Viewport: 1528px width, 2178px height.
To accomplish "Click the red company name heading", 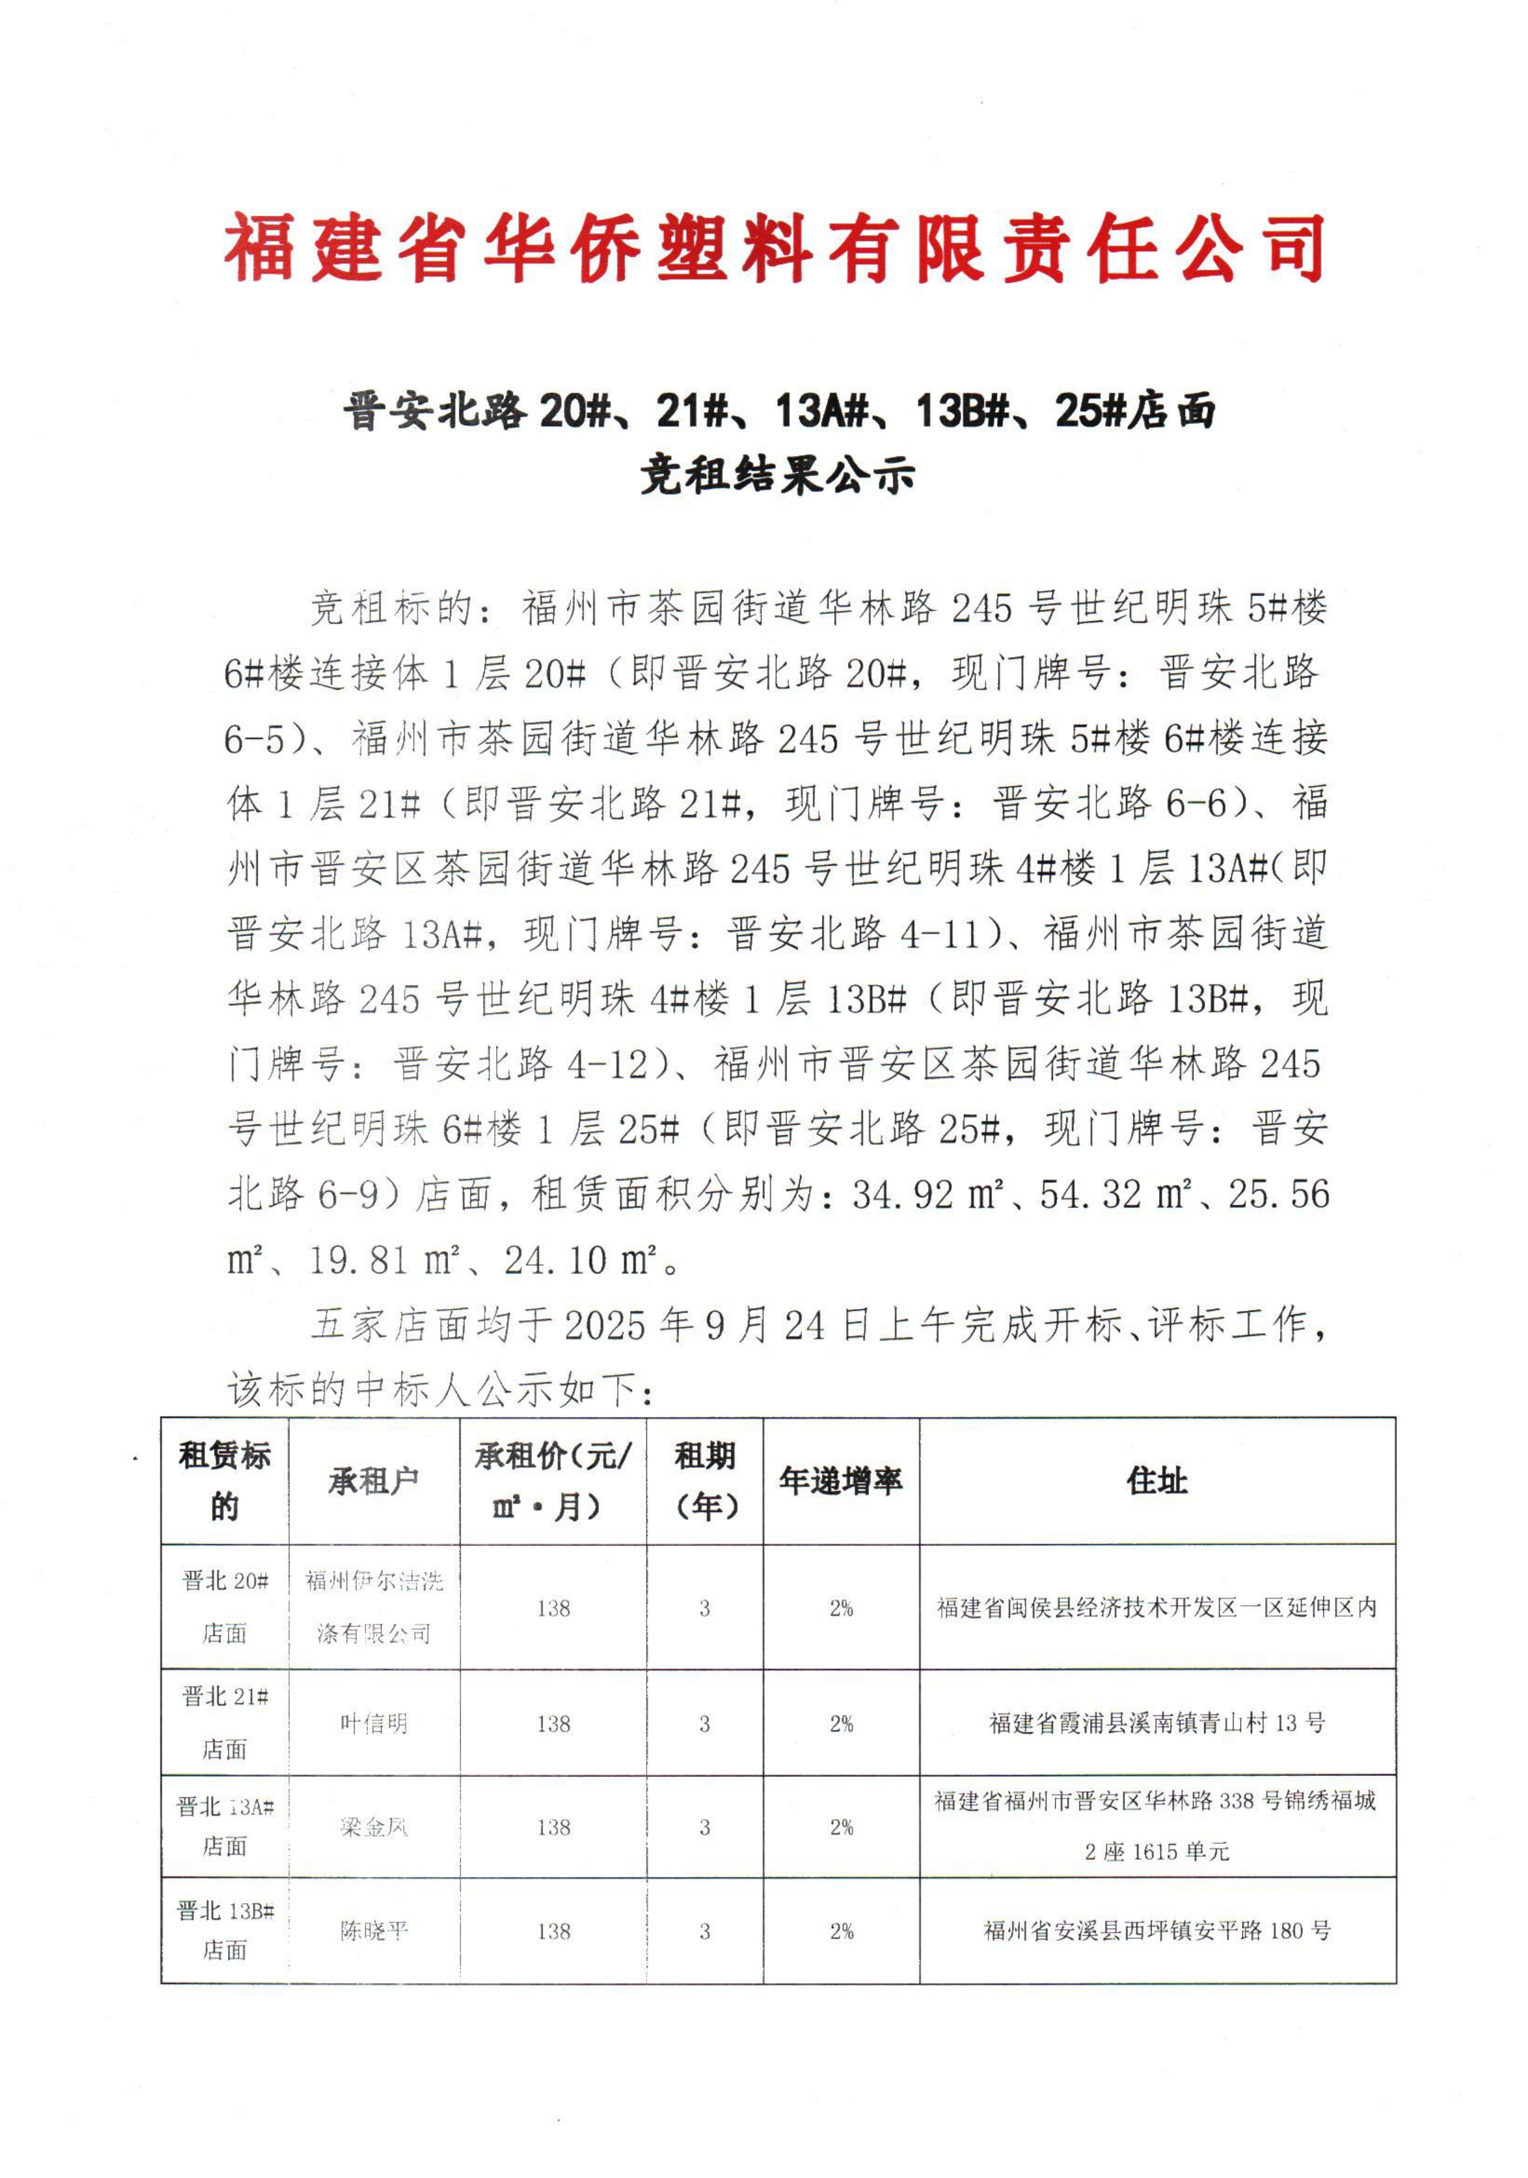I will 773,248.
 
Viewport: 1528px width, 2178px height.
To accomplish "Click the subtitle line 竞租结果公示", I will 776,474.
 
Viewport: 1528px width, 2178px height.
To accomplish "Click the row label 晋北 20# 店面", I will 225,1607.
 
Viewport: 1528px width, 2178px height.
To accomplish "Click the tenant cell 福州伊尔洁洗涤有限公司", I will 374,1607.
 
